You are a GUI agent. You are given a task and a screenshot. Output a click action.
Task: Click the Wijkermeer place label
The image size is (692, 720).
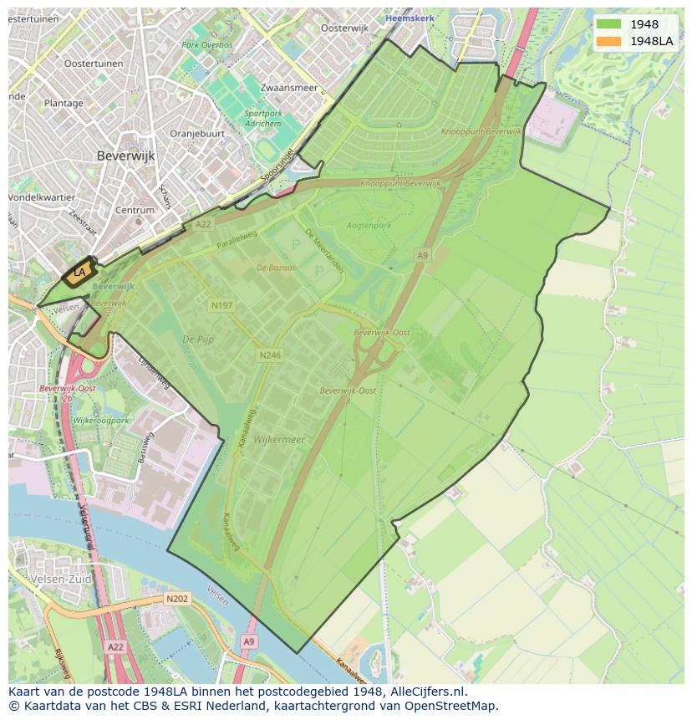coord(279,439)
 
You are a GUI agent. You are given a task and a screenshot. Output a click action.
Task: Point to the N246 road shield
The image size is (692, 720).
coord(270,355)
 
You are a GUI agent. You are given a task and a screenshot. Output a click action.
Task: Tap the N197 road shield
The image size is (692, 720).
coord(222,305)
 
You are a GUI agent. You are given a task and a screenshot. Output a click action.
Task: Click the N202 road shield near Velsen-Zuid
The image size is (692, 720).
coord(176,599)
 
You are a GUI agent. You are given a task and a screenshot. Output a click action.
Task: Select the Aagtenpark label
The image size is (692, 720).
coord(369,226)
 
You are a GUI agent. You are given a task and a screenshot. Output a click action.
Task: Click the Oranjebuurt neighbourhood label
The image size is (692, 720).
coord(198,133)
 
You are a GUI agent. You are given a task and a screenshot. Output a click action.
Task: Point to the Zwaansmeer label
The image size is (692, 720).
coord(288,87)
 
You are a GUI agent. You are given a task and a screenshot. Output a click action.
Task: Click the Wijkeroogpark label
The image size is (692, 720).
coord(101,420)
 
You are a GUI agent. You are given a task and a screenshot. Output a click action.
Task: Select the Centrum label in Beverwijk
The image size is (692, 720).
coord(135,211)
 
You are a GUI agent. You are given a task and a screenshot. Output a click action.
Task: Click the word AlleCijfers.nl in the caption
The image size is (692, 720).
coord(426,692)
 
